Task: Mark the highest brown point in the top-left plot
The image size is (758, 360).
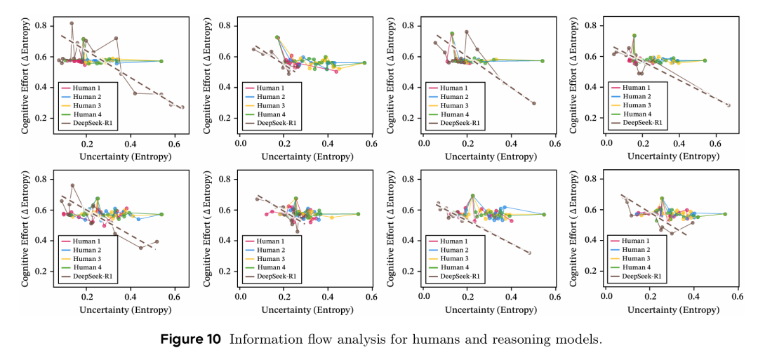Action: point(72,23)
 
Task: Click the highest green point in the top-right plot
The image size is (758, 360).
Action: point(634,35)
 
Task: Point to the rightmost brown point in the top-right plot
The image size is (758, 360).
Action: point(728,105)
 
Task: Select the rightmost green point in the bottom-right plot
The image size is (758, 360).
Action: point(725,214)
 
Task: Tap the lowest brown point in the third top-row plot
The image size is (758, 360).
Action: point(533,103)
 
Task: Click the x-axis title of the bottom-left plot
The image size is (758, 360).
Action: point(114,308)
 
